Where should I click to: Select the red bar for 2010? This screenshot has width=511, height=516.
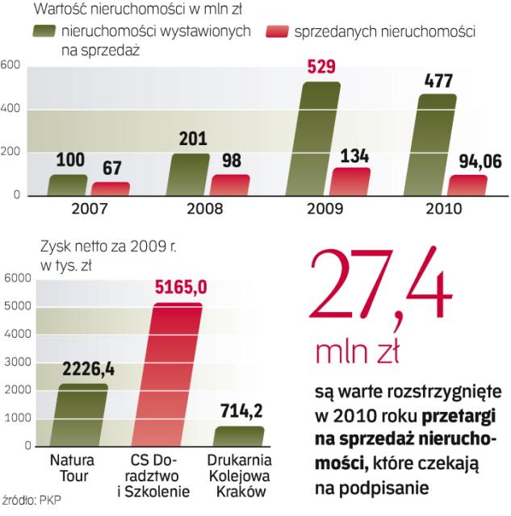468,185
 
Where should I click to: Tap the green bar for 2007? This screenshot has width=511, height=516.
68,185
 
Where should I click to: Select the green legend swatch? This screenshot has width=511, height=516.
55,31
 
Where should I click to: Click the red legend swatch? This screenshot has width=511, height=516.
275,31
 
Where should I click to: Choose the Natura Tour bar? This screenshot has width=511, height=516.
83,414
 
